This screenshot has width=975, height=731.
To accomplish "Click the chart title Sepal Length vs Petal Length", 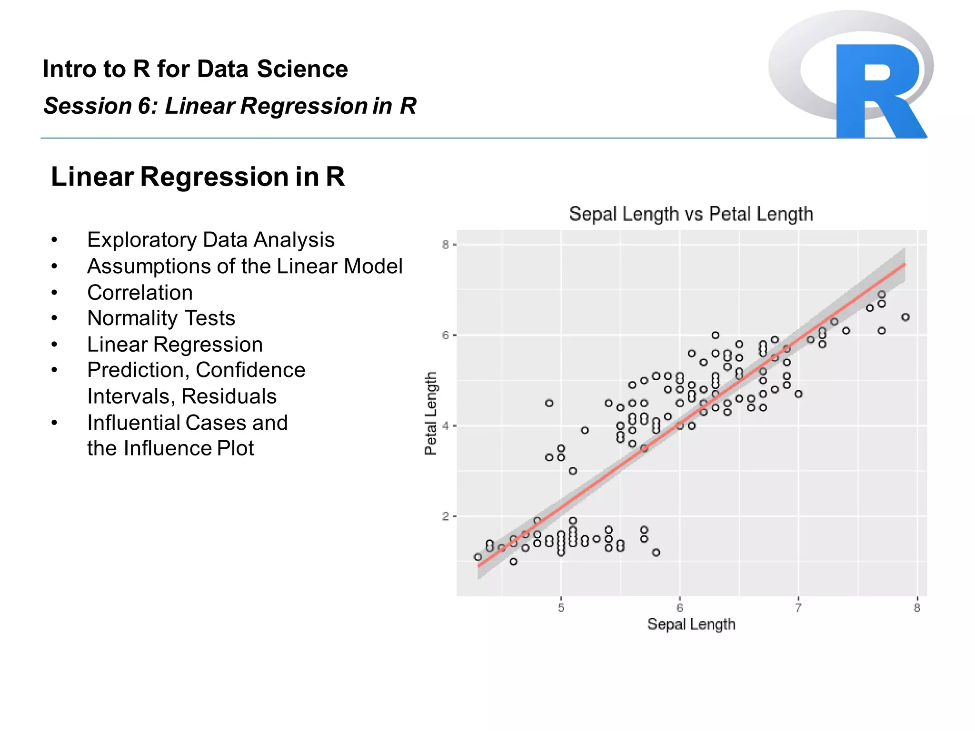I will pyautogui.click(x=691, y=214).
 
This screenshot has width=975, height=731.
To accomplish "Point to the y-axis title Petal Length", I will pyautogui.click(x=430, y=413).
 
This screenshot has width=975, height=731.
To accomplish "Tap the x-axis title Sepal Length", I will pyautogui.click(x=691, y=624).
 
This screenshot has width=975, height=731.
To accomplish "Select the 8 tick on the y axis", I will pyautogui.click(x=445, y=245).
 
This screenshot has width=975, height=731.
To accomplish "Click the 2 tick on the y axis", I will pyautogui.click(x=445, y=516).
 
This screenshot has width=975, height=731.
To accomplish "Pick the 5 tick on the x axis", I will pyautogui.click(x=561, y=608).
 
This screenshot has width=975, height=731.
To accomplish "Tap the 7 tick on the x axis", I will pyautogui.click(x=798, y=608).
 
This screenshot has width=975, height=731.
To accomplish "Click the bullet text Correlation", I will pyautogui.click(x=140, y=292).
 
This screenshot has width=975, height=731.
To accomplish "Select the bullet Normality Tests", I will pyautogui.click(x=161, y=318).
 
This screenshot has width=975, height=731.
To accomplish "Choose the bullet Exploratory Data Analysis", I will pyautogui.click(x=210, y=240).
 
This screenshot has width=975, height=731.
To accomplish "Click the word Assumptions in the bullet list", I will pyautogui.click(x=149, y=266).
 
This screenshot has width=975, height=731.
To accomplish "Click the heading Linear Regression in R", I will pyautogui.click(x=198, y=177).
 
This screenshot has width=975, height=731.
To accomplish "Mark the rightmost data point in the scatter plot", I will pyautogui.click(x=905, y=317).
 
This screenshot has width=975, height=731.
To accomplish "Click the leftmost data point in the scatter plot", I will pyautogui.click(x=478, y=557).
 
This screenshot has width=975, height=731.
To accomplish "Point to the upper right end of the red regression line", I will pyautogui.click(x=905, y=264).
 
